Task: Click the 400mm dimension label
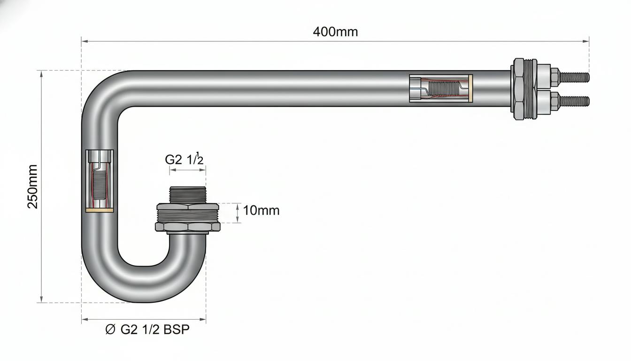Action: coord(335,32)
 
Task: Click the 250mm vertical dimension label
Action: coord(33,187)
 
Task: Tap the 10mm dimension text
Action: coord(261,211)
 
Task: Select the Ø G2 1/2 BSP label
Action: coord(147,330)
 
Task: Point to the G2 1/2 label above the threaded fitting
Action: coord(184,159)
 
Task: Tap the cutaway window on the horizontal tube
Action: coord(441,88)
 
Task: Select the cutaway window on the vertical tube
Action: coord(100,181)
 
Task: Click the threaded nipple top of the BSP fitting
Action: coord(188,195)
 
